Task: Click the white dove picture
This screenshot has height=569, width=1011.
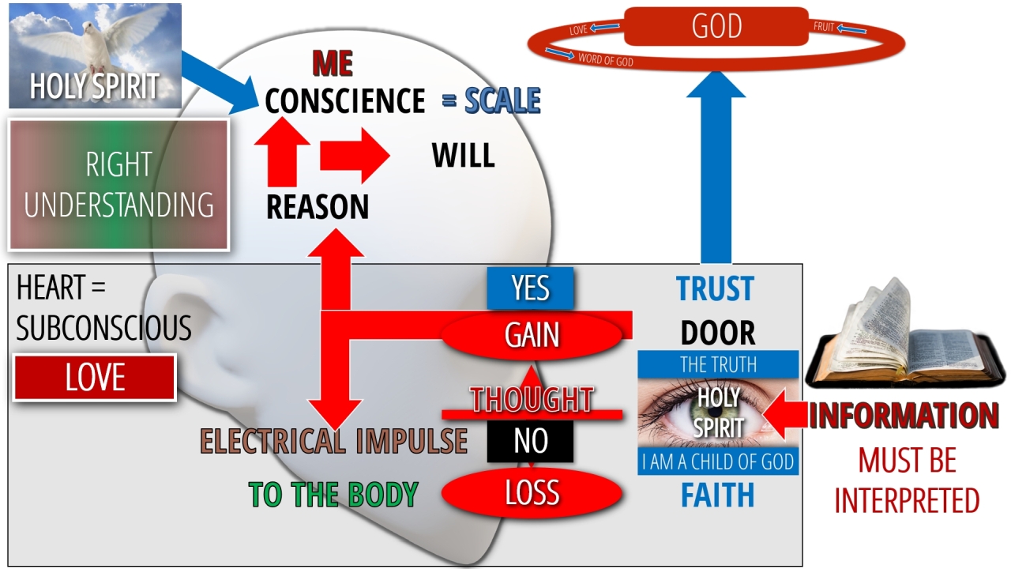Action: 95,55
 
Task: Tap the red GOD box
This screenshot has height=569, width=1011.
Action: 716,26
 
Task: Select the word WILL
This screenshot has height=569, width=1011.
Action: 463,156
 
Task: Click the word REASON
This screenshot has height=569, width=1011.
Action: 318,206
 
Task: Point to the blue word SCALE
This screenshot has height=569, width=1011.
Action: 502,100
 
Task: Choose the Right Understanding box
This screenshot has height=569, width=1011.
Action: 118,184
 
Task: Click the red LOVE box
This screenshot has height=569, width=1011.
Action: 95,378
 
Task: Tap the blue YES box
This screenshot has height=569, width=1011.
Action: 530,288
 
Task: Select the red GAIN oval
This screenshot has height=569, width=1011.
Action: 532,335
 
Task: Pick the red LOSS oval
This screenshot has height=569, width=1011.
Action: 532,492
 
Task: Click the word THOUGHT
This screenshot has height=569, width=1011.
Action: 532,399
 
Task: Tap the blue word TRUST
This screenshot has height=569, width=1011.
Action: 715,289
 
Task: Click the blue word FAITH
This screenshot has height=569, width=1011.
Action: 717,496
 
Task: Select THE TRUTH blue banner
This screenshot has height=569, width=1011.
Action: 718,364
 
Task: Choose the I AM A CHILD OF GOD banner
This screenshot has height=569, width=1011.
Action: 718,462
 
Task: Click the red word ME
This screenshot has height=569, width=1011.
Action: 332,63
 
